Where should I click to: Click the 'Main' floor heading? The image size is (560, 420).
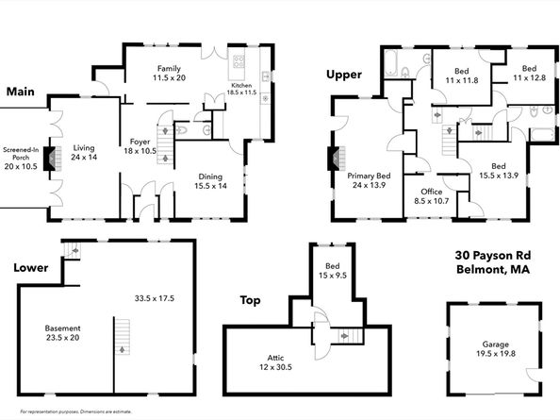(x=21, y=92)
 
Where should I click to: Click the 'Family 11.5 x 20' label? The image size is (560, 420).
(x=169, y=75)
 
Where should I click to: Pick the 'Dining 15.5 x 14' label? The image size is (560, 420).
(x=210, y=181)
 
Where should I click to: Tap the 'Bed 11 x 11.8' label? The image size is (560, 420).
(x=461, y=76)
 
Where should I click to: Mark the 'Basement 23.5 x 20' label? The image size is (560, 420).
(x=62, y=332)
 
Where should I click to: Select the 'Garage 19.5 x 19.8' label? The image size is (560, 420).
(x=494, y=347)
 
